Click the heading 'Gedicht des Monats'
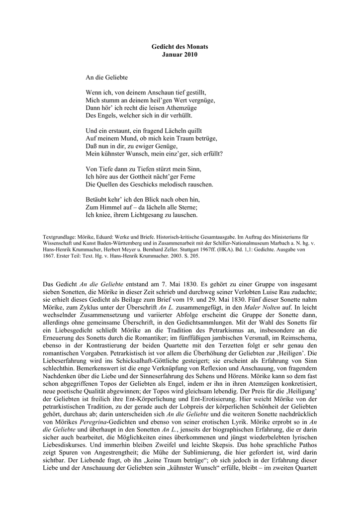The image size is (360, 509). (x=180, y=46)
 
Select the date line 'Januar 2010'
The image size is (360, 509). (x=180, y=54)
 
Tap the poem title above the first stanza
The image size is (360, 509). (x=107, y=78)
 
